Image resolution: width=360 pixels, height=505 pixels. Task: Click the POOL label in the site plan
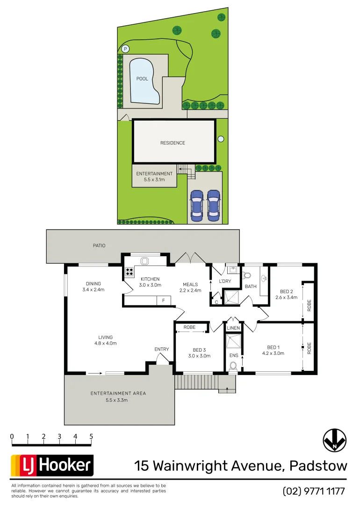coord(142,79)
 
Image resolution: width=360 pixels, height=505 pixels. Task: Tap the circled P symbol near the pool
coord(125,49)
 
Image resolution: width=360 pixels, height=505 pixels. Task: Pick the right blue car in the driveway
coord(213,205)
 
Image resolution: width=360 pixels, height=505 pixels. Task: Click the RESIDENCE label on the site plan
coord(173,143)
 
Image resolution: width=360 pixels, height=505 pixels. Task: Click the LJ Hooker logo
coord(52,466)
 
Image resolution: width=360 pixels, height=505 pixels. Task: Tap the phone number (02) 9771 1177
coord(314,491)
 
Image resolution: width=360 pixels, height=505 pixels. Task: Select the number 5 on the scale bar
coord(91,437)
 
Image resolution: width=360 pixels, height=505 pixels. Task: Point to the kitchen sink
coord(144,261)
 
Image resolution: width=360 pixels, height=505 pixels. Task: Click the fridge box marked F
coord(163,301)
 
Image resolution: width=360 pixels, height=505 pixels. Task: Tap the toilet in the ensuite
coord(233,367)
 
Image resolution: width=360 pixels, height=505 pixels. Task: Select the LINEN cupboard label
coord(233,328)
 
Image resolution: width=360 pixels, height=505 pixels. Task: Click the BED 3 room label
coord(199,350)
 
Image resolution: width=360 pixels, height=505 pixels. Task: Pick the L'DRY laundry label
coord(225,281)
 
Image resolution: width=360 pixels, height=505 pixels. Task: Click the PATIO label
coord(99,245)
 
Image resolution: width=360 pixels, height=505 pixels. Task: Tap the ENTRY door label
coord(161,349)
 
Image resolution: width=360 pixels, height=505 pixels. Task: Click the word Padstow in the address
coord(318,466)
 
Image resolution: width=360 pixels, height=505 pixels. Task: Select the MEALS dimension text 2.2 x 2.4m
coord(190,290)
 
